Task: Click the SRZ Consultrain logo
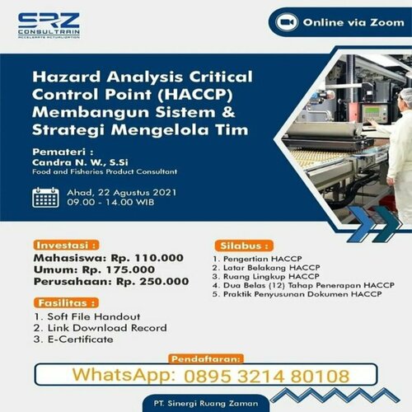click(49, 26)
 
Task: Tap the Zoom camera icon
click(287, 22)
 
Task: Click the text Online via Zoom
click(353, 22)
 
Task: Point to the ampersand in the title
click(228, 112)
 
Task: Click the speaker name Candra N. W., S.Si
click(80, 162)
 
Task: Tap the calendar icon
click(45, 197)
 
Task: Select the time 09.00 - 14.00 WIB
click(110, 203)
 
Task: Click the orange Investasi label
click(66, 245)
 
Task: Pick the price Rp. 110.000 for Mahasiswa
click(147, 258)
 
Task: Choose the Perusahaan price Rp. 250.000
click(152, 282)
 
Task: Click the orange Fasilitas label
click(66, 303)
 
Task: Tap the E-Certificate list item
click(81, 339)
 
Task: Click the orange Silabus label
click(244, 246)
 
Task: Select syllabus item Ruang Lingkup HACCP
click(271, 276)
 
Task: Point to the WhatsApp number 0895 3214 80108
click(266, 376)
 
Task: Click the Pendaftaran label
click(206, 359)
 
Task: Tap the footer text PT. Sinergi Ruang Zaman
click(206, 404)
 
